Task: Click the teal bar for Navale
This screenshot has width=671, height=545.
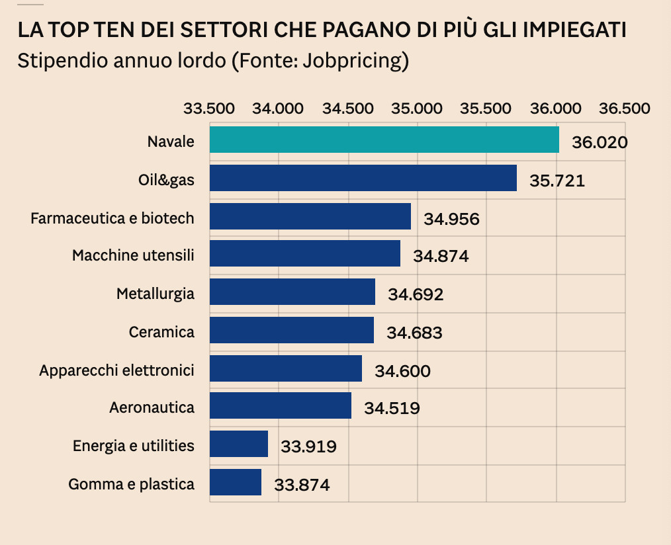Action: pyautogui.click(x=384, y=140)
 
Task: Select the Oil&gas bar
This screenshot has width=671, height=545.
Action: pyautogui.click(x=363, y=178)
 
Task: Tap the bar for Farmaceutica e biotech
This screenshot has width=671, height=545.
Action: pyautogui.click(x=310, y=216)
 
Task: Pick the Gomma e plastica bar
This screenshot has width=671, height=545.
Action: pyautogui.click(x=236, y=482)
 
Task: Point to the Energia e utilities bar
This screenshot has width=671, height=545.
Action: pyautogui.click(x=239, y=444)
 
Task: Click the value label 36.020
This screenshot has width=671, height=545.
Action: pyautogui.click(x=600, y=143)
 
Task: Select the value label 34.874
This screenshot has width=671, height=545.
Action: pyautogui.click(x=441, y=256)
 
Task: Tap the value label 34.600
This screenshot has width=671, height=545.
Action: pyautogui.click(x=402, y=371)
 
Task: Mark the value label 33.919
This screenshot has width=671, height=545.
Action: pyautogui.click(x=308, y=446)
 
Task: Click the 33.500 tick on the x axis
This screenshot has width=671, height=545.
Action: pyautogui.click(x=210, y=108)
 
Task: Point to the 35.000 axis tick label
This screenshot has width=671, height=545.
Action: pyautogui.click(x=418, y=108)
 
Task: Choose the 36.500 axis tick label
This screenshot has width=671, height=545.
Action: pyautogui.click(x=625, y=108)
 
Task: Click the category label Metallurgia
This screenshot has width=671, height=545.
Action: pyautogui.click(x=156, y=293)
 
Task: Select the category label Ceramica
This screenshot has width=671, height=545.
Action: pyautogui.click(x=161, y=331)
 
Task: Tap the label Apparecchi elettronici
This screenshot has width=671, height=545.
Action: pyautogui.click(x=116, y=370)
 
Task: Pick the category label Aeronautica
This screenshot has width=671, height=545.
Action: pyautogui.click(x=152, y=407)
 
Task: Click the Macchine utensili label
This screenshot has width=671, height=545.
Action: pyautogui.click(x=133, y=255)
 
